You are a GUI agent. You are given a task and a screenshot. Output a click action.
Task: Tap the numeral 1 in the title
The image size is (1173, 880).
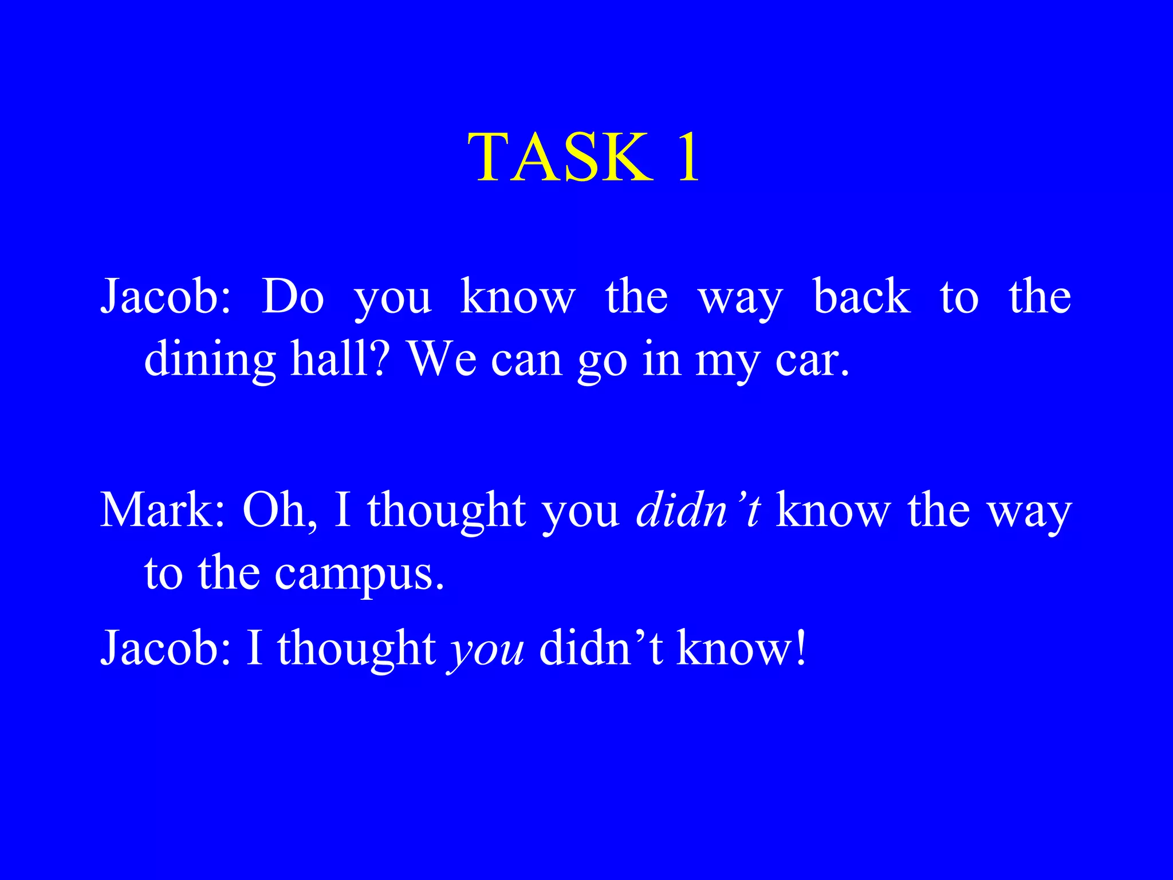click(x=688, y=157)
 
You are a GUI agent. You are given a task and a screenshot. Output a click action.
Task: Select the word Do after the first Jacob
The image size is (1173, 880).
click(x=293, y=297)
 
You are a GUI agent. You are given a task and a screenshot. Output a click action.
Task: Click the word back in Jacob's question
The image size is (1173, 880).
click(x=861, y=297)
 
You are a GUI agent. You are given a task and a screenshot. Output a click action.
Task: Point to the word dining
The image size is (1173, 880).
click(x=210, y=360)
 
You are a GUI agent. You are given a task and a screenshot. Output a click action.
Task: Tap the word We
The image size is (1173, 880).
click(x=442, y=360)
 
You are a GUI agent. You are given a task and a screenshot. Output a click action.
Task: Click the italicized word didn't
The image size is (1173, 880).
click(x=698, y=510)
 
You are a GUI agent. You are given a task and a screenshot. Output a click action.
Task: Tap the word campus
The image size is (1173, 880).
click(x=359, y=574)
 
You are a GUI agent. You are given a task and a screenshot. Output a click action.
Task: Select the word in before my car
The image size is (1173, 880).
click(x=662, y=360)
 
